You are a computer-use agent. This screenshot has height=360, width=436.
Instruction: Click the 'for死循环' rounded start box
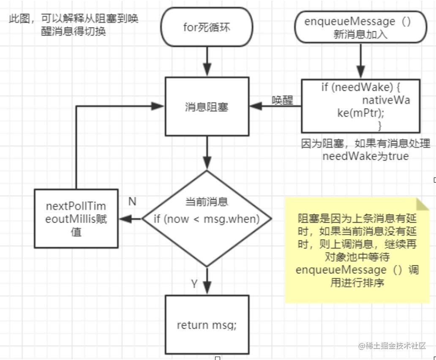click(x=206, y=27)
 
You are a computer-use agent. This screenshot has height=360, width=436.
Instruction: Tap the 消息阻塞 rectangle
click(x=207, y=107)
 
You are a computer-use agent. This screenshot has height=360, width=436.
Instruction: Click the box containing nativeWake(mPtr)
click(x=360, y=106)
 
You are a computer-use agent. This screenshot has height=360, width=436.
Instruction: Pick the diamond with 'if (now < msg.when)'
click(x=207, y=218)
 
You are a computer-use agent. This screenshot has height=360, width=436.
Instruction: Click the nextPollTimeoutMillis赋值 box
click(x=76, y=218)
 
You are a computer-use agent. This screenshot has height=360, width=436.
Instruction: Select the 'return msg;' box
click(x=207, y=325)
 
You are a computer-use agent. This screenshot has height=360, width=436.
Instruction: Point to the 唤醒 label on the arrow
click(x=283, y=101)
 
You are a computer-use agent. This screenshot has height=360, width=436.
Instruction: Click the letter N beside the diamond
click(x=132, y=202)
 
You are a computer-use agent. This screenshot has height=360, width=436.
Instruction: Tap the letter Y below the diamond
click(x=194, y=284)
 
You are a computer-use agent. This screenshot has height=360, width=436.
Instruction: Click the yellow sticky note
click(x=357, y=250)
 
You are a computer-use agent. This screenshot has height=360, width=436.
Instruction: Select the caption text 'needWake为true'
click(x=365, y=156)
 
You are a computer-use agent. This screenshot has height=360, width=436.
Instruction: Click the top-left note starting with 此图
click(x=74, y=25)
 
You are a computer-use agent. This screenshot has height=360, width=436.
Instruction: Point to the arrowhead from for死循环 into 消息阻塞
click(x=207, y=71)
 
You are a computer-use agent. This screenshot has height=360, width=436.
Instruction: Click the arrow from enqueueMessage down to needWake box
click(x=360, y=59)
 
